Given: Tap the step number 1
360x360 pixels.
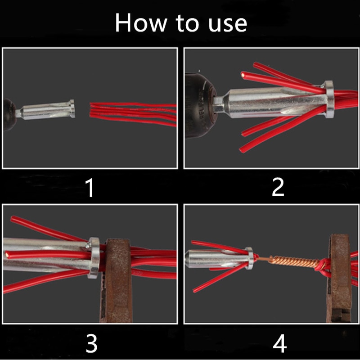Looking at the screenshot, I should [x=90, y=188].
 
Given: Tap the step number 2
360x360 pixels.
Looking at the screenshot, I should [x=278, y=188].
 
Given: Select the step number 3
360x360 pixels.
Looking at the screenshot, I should [x=91, y=344].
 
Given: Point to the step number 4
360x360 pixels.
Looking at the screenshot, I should [x=279, y=344].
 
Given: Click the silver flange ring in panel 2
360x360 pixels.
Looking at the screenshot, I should [x=328, y=99].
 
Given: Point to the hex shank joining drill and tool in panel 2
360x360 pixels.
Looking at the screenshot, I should [x=219, y=107].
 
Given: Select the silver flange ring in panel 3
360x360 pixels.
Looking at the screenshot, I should [x=94, y=257].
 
